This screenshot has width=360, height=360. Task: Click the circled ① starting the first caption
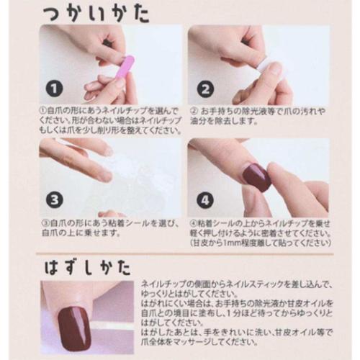click(x=44, y=111)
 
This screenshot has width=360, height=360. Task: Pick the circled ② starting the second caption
click(x=194, y=111)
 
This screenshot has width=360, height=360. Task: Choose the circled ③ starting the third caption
click(x=44, y=223)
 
